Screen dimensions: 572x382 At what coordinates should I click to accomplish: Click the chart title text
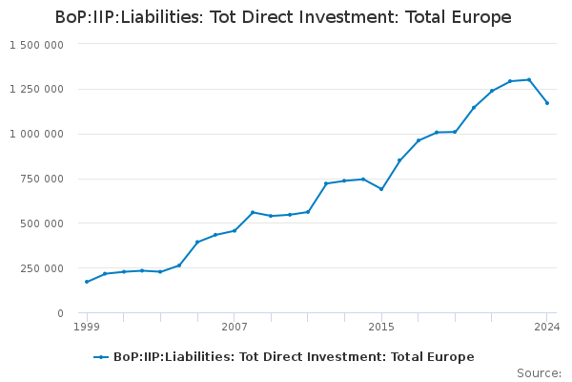283,17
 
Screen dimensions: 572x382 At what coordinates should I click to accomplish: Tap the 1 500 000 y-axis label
36,45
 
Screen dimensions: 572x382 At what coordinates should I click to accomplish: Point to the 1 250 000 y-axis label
36,89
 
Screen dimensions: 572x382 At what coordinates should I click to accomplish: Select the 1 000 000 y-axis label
36,134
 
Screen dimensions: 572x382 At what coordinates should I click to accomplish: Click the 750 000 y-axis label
42,179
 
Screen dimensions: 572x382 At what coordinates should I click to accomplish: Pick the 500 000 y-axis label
42,223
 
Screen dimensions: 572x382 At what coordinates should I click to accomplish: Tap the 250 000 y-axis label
42,268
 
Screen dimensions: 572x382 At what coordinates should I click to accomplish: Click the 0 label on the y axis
61,313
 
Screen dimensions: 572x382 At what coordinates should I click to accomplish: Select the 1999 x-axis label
87,327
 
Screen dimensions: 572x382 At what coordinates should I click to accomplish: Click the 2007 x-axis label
235,327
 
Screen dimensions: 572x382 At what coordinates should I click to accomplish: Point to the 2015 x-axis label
381,327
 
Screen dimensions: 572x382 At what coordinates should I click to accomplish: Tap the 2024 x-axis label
547,327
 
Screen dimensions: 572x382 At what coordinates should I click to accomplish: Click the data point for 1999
87,282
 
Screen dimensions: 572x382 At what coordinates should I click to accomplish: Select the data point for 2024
547,103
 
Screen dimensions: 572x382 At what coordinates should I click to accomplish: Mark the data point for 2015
381,189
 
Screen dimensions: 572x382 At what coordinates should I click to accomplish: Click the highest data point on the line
529,79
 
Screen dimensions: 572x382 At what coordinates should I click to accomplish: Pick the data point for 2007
235,231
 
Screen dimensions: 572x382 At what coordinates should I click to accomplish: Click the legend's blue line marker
101,357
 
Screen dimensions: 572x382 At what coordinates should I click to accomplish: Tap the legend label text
294,357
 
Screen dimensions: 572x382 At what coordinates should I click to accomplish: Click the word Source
539,373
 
